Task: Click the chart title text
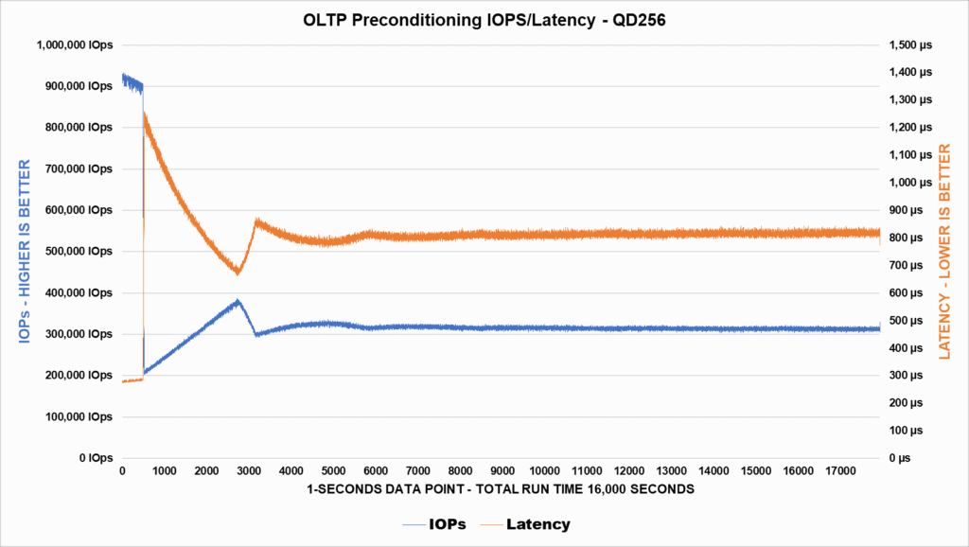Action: click(x=484, y=19)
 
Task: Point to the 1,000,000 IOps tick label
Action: click(x=75, y=44)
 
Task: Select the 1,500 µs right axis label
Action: click(x=908, y=44)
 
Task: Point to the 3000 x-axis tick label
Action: click(x=249, y=471)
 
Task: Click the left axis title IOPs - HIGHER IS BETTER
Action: click(x=25, y=251)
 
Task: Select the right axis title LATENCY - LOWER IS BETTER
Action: click(x=943, y=251)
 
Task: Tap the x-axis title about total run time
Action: click(x=501, y=489)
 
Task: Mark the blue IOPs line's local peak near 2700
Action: click(x=238, y=301)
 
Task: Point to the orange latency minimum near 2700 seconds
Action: click(x=238, y=273)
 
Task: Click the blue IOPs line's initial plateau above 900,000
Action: click(x=132, y=82)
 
